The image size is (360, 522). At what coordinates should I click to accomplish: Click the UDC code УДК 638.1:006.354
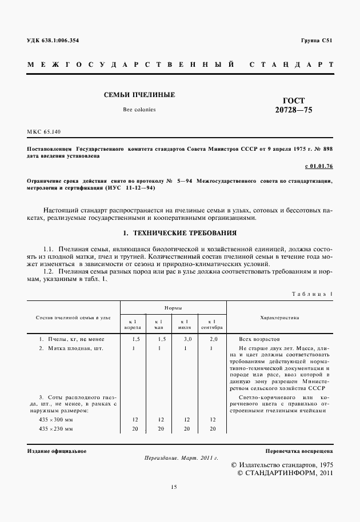53,41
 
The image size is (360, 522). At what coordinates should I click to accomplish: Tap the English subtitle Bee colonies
139,109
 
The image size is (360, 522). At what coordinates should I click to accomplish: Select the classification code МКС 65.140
43,132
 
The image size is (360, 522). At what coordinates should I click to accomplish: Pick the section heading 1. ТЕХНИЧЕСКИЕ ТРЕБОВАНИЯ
180,233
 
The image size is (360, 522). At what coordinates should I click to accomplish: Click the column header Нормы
173,308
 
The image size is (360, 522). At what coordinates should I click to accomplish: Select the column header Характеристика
279,317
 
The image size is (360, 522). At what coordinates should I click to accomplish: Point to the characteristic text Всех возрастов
260,339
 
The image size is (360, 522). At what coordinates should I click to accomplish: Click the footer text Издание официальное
57,451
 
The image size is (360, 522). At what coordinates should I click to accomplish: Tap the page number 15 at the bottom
174,487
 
